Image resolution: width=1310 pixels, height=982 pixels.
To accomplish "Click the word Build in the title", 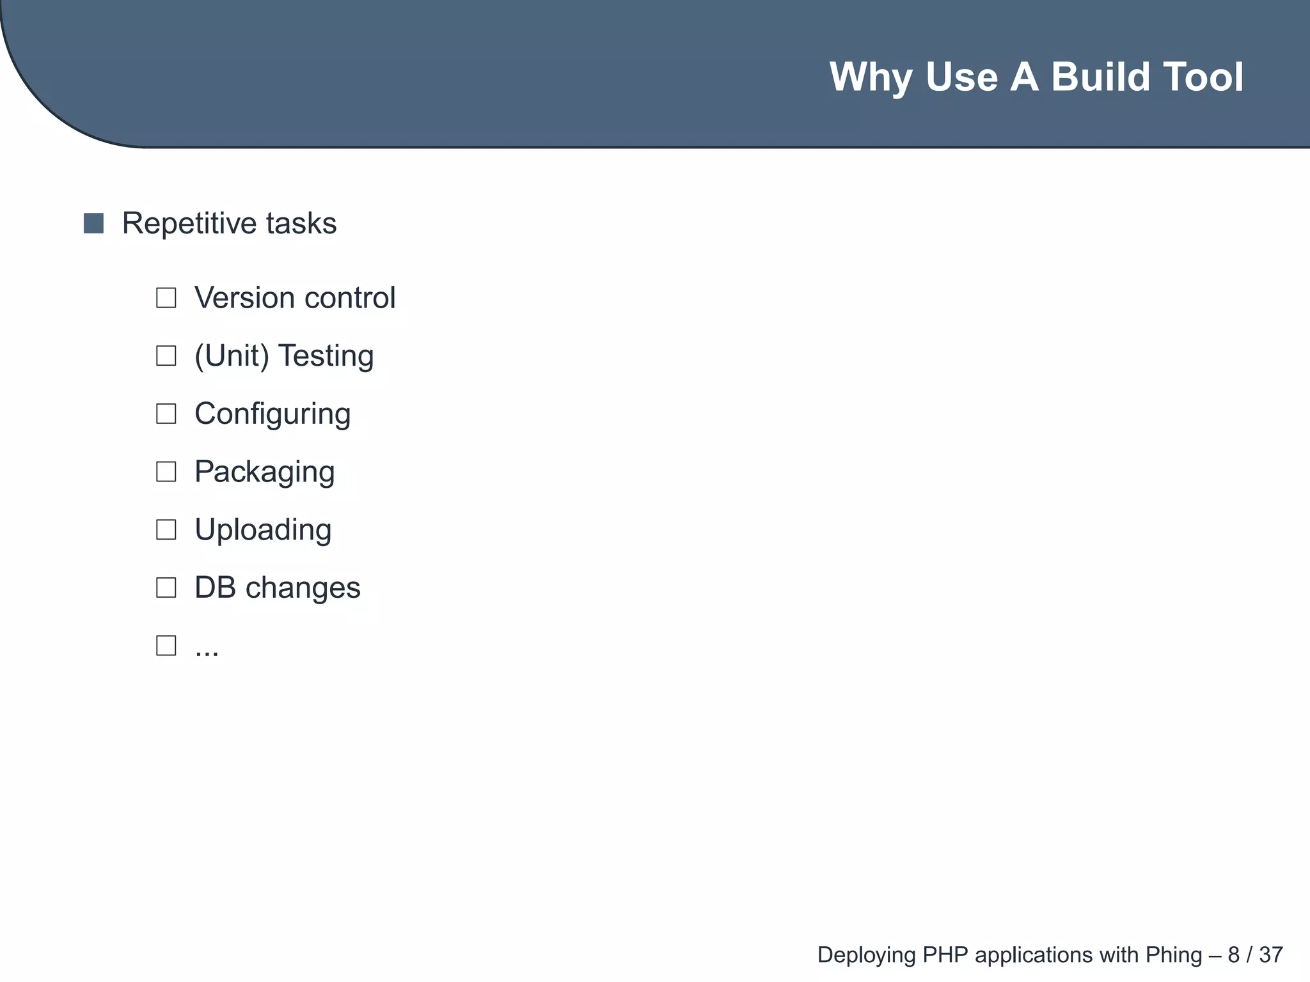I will pos(1093,77).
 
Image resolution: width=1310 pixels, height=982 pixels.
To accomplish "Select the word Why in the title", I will pos(871,78).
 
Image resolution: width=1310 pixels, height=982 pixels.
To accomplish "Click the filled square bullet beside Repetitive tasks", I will pos(93,224).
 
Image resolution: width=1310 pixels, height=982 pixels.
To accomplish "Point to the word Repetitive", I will pos(189,224).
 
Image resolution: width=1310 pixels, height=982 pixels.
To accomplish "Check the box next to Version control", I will pos(166,298).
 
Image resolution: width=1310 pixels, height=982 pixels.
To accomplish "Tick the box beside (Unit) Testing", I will pos(166,356).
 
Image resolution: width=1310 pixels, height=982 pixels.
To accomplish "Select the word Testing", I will pos(326,356).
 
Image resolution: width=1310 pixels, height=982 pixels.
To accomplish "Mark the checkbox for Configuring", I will pos(166,414).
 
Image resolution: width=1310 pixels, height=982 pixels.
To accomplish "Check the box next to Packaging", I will pos(166,472).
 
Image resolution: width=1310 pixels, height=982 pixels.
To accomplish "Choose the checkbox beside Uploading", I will pos(166,530).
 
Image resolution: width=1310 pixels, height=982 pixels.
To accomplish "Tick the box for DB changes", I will pos(166,588).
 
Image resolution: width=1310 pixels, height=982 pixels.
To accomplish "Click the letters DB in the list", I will pos(215,588).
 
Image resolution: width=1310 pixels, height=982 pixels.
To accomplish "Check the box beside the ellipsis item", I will pos(166,646).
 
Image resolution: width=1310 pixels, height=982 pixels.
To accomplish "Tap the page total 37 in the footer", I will pos(1271,955).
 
